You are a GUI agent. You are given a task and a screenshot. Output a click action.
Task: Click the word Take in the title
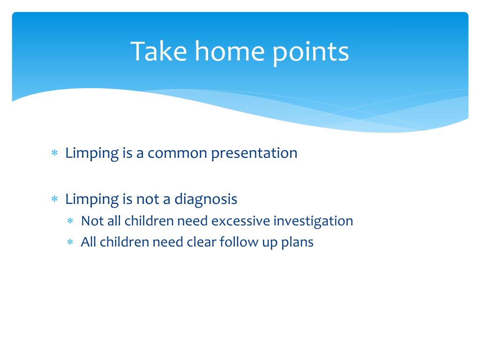pos(158,51)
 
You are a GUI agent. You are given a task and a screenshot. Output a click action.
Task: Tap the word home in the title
pos(230,51)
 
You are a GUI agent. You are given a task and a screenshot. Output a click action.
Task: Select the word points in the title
pos(310,52)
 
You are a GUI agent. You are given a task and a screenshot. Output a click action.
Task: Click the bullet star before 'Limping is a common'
pos(54,152)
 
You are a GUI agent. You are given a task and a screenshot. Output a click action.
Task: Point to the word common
pos(177,153)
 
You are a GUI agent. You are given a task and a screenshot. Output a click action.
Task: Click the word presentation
pos(254,154)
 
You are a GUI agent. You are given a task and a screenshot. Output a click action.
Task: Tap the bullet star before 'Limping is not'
pos(54,199)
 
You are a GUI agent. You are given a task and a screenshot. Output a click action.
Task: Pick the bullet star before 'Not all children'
pos(70,220)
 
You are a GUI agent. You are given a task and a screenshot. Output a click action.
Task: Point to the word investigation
pos(313,222)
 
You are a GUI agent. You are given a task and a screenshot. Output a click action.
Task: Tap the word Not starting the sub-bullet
pos(92,221)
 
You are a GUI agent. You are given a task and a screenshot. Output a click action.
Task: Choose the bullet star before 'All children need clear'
pos(70,242)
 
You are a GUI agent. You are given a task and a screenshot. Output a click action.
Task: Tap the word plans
pos(297,243)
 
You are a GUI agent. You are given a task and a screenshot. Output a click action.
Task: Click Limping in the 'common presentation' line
pos(92,154)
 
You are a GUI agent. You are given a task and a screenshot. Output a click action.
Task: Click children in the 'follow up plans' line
pos(124,242)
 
